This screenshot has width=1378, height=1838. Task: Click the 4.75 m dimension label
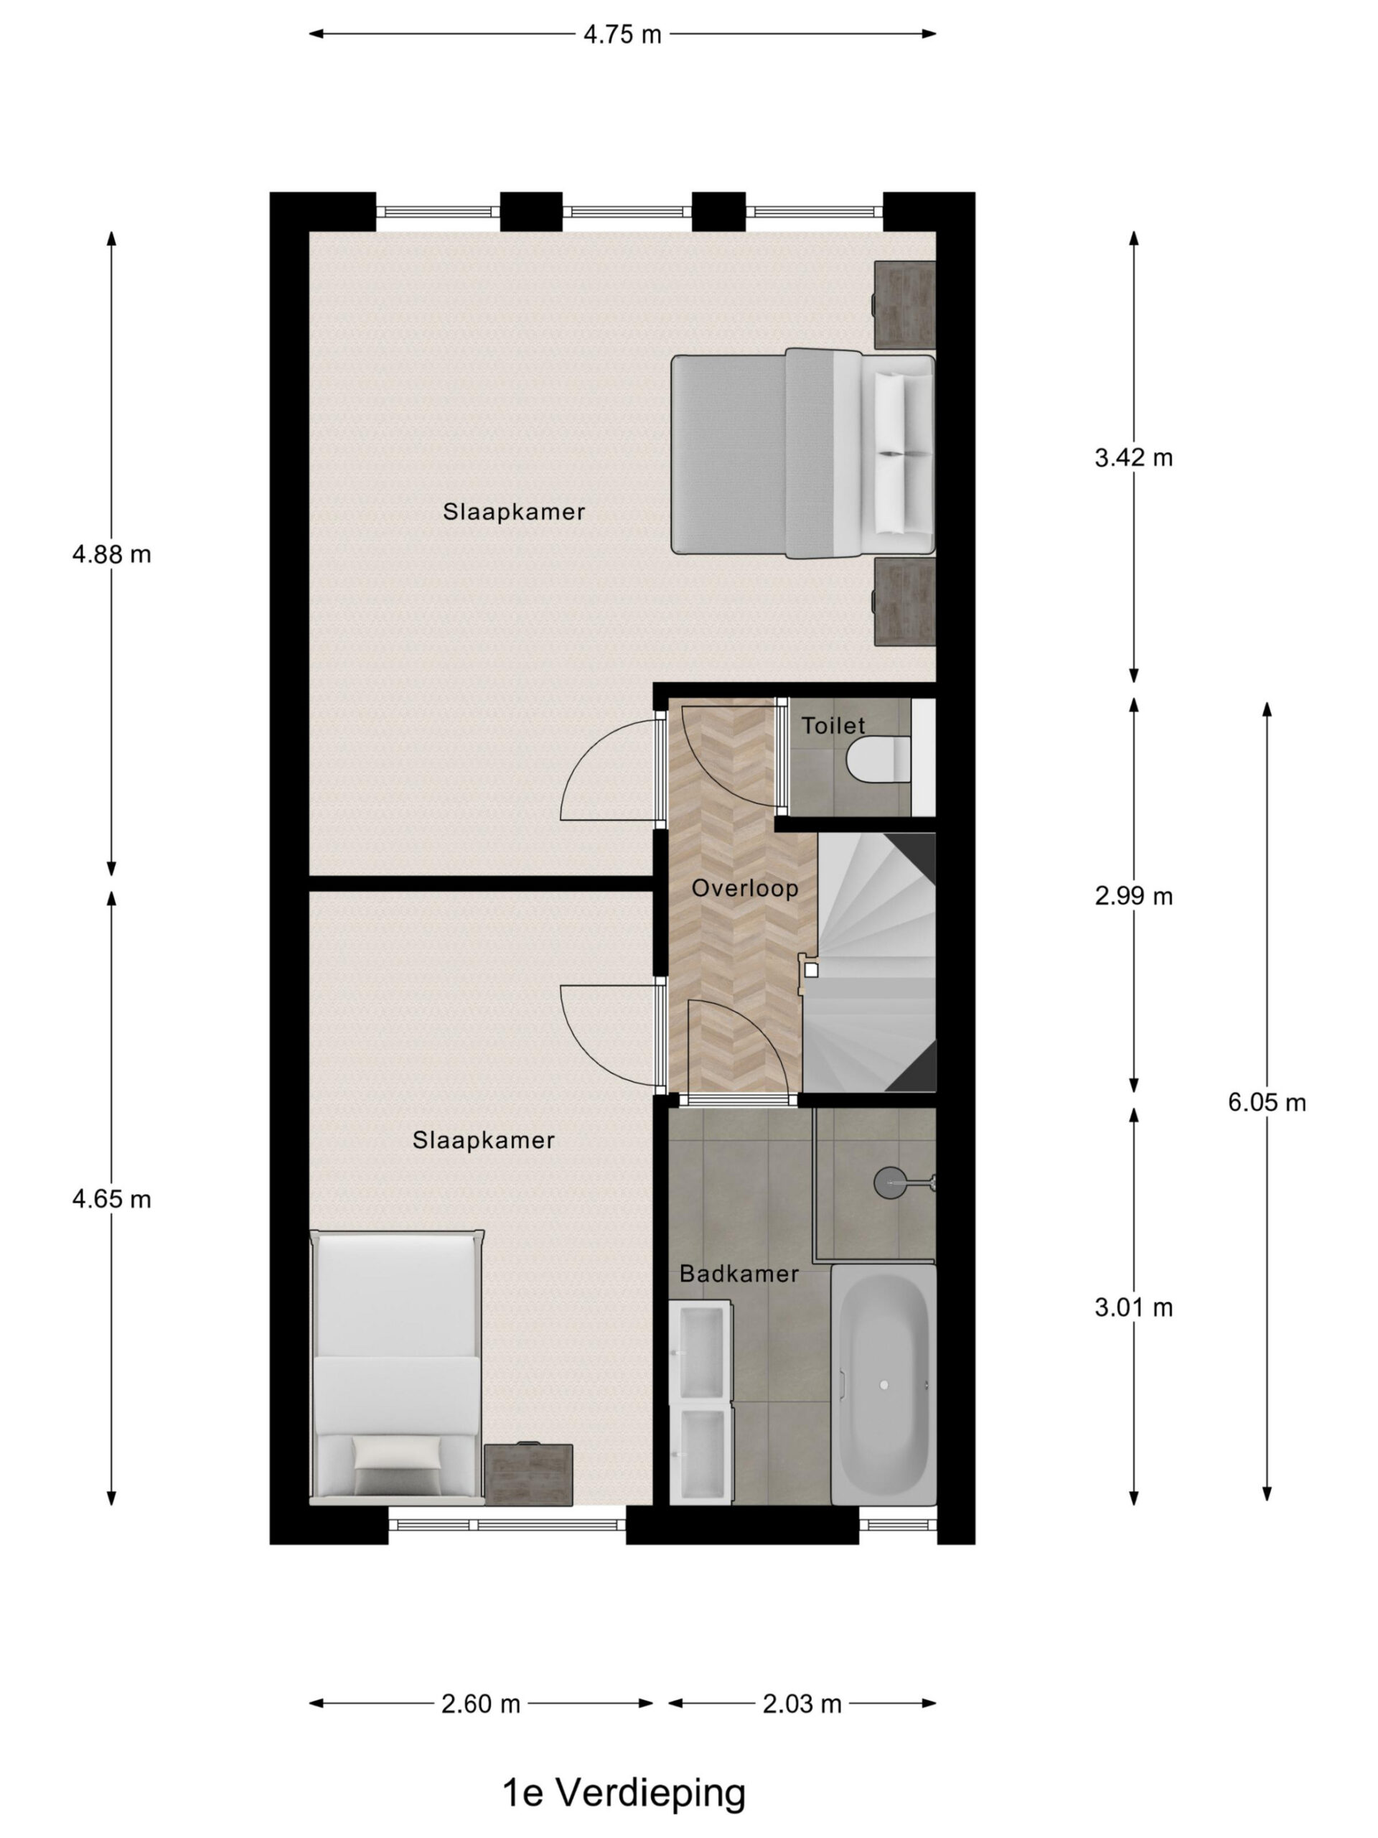[x=622, y=34]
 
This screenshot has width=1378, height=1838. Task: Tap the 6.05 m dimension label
[x=1267, y=1103]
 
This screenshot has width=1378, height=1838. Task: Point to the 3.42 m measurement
[x=1134, y=458]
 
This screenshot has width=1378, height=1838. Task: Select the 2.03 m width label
[x=802, y=1704]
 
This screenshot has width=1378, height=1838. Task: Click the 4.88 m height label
[x=112, y=554]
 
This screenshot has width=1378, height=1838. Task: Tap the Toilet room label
[x=833, y=727]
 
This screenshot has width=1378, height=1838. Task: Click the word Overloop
[x=745, y=888]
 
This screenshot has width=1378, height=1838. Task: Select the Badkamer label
[x=739, y=1274]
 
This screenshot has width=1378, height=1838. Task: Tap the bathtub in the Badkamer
[x=883, y=1384]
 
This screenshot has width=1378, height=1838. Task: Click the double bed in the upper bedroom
[x=803, y=454]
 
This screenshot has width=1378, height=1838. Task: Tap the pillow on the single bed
[x=396, y=1453]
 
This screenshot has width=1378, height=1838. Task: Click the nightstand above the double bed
[x=904, y=305]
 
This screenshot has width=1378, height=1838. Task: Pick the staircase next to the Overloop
[x=869, y=962]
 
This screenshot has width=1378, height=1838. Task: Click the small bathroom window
[x=898, y=1524]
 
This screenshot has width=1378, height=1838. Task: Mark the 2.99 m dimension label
[x=1134, y=897]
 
